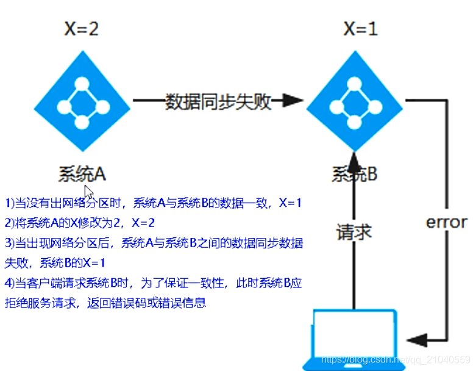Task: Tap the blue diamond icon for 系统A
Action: (x=83, y=100)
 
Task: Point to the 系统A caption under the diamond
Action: (x=82, y=174)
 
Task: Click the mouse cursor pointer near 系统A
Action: (x=88, y=192)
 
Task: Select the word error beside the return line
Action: (x=446, y=222)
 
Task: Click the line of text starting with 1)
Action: (x=153, y=204)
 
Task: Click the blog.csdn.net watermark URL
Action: (x=396, y=360)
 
